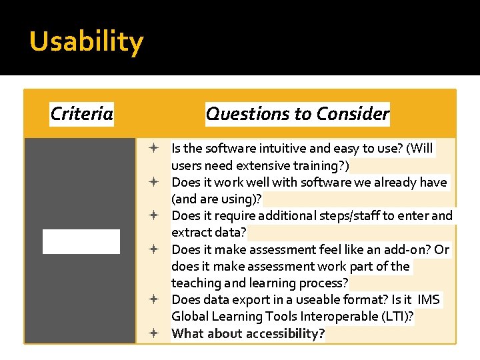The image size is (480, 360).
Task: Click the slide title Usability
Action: [x=86, y=42]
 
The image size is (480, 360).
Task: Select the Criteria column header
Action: [x=81, y=114]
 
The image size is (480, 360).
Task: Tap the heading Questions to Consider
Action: [x=297, y=114]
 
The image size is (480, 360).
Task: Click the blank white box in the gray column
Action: [x=81, y=241]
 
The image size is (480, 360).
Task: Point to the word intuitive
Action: [x=269, y=149]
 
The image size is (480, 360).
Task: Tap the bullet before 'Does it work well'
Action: [x=153, y=182]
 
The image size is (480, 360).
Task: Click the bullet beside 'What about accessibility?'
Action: [x=153, y=333]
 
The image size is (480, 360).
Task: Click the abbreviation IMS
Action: [x=428, y=300]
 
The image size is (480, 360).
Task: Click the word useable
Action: [x=314, y=300]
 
